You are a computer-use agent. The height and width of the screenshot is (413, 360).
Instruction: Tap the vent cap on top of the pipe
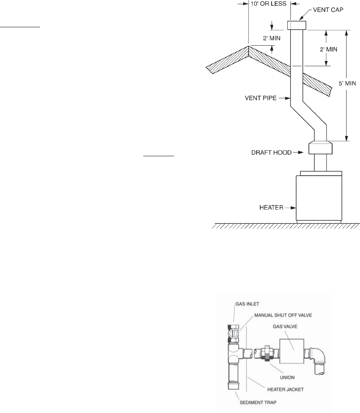[297, 25]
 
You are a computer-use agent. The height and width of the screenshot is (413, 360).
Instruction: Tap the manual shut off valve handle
[234, 330]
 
